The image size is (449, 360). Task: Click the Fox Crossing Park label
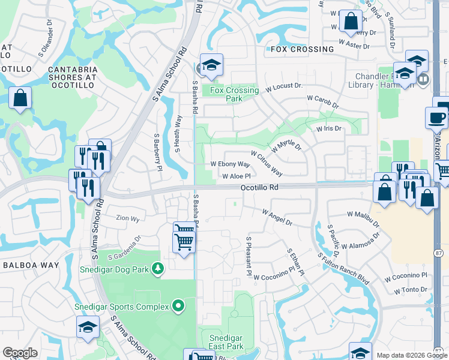tap(235, 94)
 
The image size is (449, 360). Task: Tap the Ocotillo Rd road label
tap(259, 188)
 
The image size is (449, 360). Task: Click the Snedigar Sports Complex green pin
tap(178, 307)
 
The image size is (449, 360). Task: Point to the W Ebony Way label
tap(230, 164)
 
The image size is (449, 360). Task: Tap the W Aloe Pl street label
tap(236, 176)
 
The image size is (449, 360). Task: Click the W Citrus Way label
tap(267, 164)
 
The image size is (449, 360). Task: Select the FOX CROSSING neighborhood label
tap(302, 49)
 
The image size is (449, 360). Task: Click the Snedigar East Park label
tap(226, 343)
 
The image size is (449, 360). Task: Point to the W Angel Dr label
tap(277, 217)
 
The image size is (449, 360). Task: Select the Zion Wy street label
tap(127, 218)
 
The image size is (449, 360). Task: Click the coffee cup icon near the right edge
tap(436, 118)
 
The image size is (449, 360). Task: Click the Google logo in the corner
tap(20, 353)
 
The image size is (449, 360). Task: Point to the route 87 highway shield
tap(438, 254)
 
